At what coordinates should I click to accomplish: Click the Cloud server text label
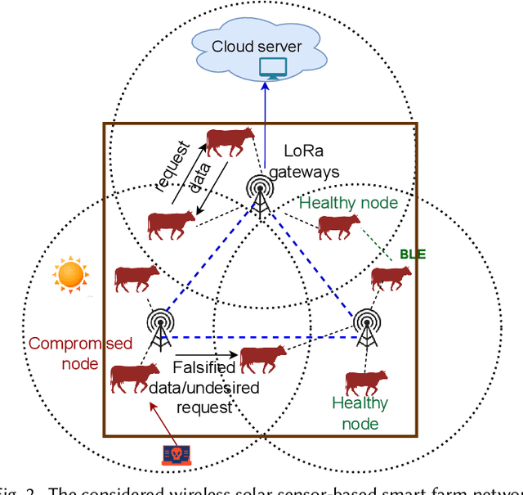tap(257, 46)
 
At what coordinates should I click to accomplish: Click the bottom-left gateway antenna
tap(159, 326)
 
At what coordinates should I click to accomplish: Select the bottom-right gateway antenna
tap(363, 326)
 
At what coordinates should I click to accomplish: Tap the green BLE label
tap(413, 254)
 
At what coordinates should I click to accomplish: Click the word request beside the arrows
tap(176, 167)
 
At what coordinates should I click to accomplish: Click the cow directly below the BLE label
tap(391, 279)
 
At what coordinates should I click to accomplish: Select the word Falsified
tap(204, 369)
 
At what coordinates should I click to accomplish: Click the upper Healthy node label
tap(348, 202)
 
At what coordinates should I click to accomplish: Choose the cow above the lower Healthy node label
tap(365, 383)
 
